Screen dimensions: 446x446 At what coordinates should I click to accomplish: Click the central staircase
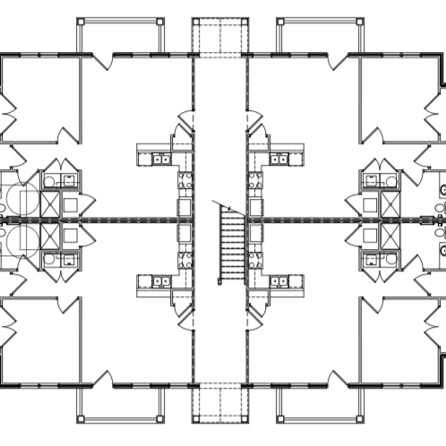click(232, 242)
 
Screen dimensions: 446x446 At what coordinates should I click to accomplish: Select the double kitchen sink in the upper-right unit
click(279, 159)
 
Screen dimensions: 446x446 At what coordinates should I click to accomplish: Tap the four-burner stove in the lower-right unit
click(254, 262)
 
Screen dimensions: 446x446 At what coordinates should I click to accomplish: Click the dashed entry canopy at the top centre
click(219, 36)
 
